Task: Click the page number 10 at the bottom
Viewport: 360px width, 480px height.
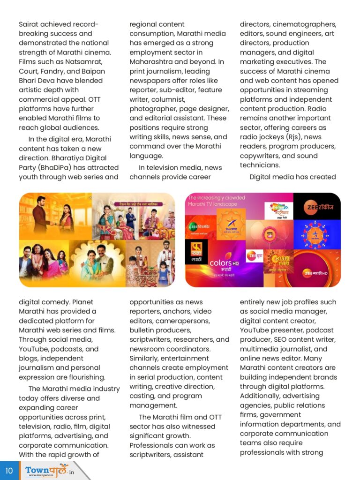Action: coord(9,470)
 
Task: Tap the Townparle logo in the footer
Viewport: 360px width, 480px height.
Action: coord(47,470)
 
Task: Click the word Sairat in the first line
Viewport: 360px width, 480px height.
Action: coord(29,24)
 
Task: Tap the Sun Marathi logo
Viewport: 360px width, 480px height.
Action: coord(282,260)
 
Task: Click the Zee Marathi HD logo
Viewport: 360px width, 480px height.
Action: coord(316,272)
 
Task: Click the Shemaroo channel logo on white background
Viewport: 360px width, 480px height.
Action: coord(278,210)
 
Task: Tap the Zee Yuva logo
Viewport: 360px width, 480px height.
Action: coord(255,256)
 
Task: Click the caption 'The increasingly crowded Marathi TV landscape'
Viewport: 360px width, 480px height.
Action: coord(216,201)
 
